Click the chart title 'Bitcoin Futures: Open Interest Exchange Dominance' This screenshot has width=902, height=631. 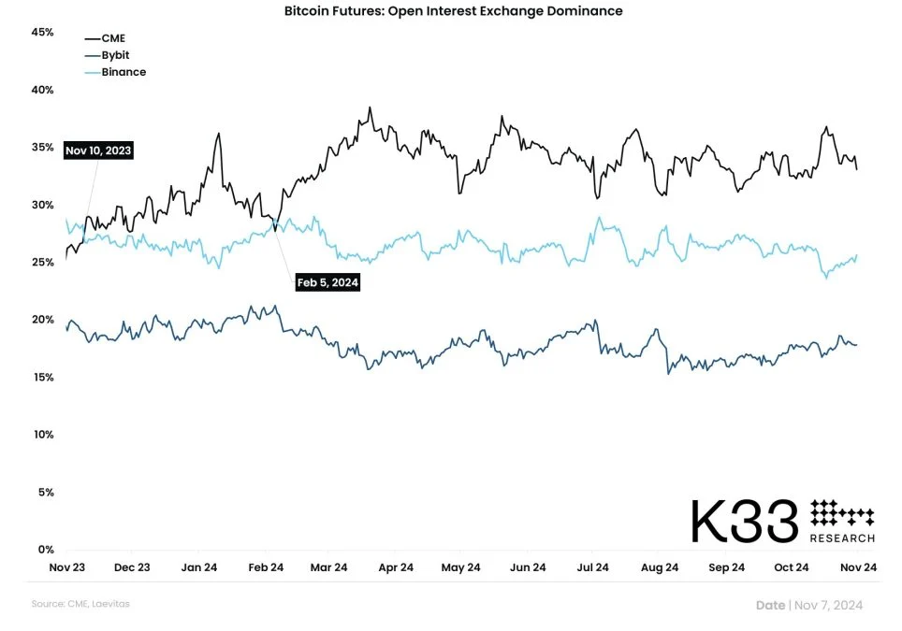[453, 11]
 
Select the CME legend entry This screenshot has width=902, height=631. [112, 38]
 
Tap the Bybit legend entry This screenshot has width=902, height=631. [115, 55]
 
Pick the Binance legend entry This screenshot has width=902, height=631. [123, 72]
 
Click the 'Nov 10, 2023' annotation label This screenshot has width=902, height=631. [98, 150]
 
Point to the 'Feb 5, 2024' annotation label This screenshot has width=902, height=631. [327, 282]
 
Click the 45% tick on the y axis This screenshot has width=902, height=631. [43, 32]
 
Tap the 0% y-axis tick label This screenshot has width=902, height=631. [46, 549]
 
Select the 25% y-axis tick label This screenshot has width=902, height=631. [43, 262]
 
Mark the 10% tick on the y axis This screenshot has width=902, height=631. [43, 434]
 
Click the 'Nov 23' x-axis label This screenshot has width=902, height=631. [66, 567]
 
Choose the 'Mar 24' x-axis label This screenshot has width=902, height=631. [328, 567]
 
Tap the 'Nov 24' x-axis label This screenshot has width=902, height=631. [857, 567]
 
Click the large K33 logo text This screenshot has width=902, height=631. [745, 522]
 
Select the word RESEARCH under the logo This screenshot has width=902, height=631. [842, 538]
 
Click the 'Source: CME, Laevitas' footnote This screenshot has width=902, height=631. [81, 604]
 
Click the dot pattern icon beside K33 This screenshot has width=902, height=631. [841, 513]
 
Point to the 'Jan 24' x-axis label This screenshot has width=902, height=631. [199, 567]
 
